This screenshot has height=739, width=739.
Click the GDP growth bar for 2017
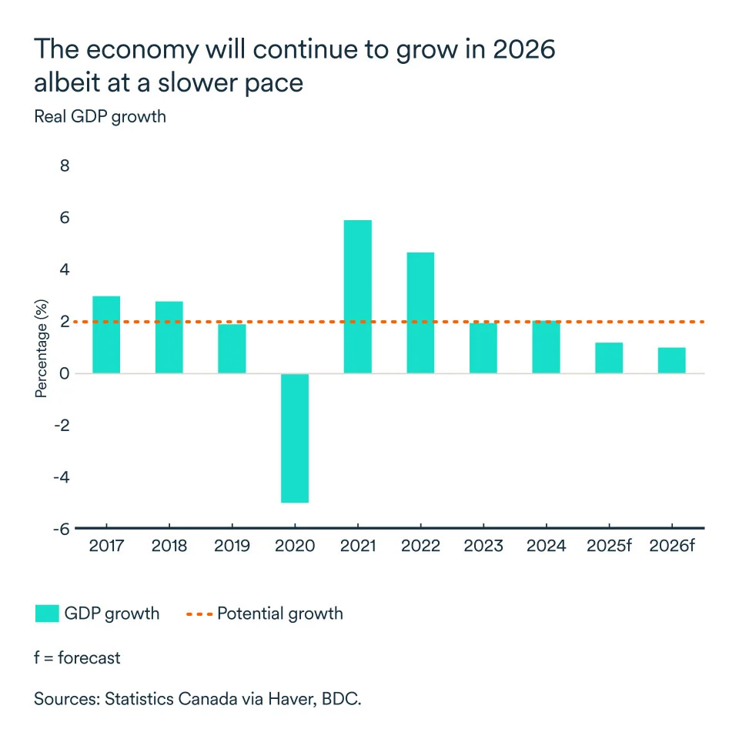[x=105, y=335]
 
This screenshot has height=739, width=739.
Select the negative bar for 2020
[x=295, y=438]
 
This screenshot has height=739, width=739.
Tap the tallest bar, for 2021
[x=358, y=297]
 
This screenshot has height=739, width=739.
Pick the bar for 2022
[x=421, y=313]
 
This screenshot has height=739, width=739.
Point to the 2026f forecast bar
[x=672, y=360]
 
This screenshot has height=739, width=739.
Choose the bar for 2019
[x=232, y=349]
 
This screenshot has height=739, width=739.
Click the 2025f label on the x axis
[x=609, y=547]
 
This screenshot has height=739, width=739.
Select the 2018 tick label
[x=169, y=547]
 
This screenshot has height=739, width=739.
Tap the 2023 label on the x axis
[x=483, y=547]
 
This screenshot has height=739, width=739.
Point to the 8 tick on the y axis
[x=64, y=166]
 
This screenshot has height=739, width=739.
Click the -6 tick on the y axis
[x=60, y=529]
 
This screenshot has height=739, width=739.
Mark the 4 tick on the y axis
[x=64, y=269]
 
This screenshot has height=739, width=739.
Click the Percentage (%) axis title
[x=42, y=348]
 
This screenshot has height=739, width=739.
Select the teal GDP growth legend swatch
[x=47, y=614]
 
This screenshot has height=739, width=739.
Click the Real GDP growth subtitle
[x=100, y=117]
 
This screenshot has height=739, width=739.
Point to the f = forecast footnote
[x=77, y=658]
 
